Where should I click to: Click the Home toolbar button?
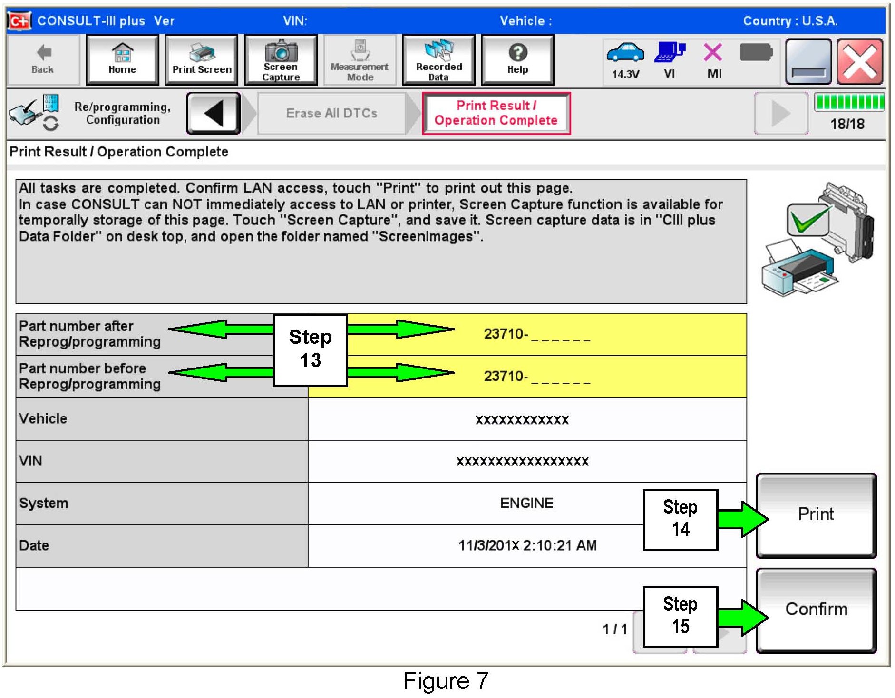[122, 60]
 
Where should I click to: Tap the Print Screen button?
[202, 60]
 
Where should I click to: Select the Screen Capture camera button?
[281, 60]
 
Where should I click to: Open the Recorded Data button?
[439, 60]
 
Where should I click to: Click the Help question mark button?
[518, 60]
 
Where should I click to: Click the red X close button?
[859, 62]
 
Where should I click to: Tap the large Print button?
[816, 515]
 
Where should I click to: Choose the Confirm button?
[816, 611]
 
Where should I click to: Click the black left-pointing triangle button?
[214, 113]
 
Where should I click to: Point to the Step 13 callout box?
[311, 349]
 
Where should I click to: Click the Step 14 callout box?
[681, 520]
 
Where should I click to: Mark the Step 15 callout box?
[681, 617]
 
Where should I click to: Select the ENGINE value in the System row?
[526, 503]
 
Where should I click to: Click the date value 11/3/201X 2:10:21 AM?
[527, 545]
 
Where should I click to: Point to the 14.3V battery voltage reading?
[625, 74]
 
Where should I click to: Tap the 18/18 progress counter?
[847, 124]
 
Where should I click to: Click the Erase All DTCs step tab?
[331, 113]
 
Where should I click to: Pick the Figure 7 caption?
[446, 681]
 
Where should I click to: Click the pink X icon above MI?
[712, 52]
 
